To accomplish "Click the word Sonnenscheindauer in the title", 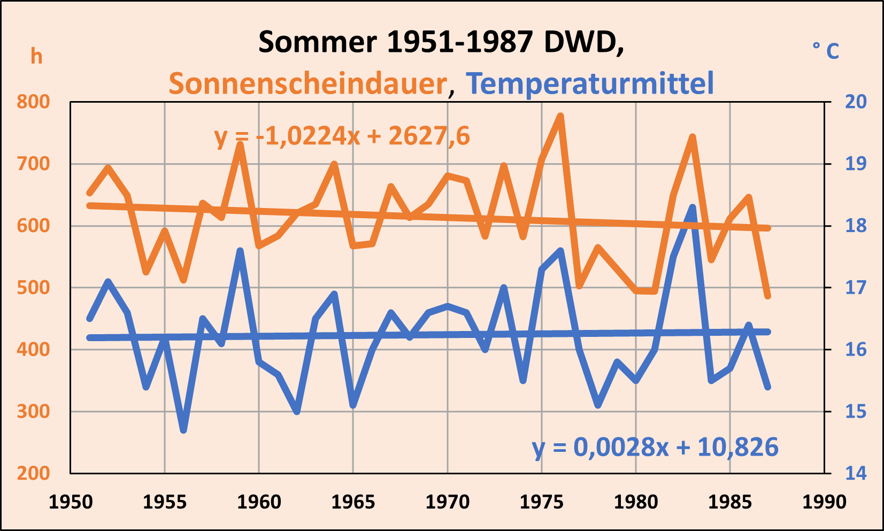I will (308, 84).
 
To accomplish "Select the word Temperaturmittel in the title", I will (589, 84).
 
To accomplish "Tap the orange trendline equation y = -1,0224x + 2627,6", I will (342, 136).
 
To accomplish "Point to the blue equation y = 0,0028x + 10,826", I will (655, 447).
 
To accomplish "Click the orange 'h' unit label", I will (36, 57).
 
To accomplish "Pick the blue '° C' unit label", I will (826, 51).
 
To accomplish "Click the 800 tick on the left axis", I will (33, 102).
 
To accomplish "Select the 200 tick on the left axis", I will (33, 473).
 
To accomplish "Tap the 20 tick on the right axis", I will (856, 102).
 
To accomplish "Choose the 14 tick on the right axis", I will (856, 473).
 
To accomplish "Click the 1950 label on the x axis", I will (71, 502).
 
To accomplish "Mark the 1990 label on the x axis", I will (824, 502).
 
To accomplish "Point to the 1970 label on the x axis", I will (448, 502).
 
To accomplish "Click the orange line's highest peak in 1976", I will (560, 116).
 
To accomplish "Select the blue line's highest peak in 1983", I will (693, 207).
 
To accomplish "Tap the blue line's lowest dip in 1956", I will (183, 430).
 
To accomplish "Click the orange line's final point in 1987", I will (768, 296).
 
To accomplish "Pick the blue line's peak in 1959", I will (240, 251).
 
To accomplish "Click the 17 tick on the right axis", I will (856, 288).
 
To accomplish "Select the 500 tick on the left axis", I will (33, 288).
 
